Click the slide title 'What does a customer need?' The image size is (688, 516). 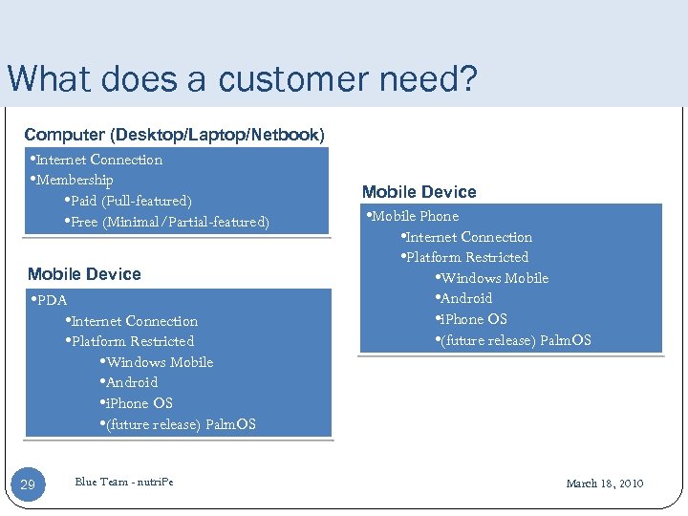pos(241,78)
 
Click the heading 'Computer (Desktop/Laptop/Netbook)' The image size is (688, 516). pos(174,135)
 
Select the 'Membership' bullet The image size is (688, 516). pos(75,180)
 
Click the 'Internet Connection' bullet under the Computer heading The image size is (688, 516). pos(98,160)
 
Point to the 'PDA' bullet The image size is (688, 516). pos(52,300)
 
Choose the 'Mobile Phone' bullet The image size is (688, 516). pos(414,216)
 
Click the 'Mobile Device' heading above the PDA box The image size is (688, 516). pos(84,274)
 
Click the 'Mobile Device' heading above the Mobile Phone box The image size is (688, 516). pos(419,191)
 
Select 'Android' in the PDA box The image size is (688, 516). pos(131,382)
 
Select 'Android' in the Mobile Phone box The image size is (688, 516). pos(465,298)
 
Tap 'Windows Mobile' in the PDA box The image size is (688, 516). pos(159,362)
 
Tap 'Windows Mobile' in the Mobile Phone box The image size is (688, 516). pos(494,278)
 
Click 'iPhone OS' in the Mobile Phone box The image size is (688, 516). pos(472,319)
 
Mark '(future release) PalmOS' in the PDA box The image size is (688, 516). pos(180,424)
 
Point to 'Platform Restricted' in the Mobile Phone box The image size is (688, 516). pos(466,257)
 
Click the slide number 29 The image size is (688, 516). pos(28,485)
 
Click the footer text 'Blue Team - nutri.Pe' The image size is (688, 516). pos(124,481)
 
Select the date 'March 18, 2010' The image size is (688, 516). pos(604,484)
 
